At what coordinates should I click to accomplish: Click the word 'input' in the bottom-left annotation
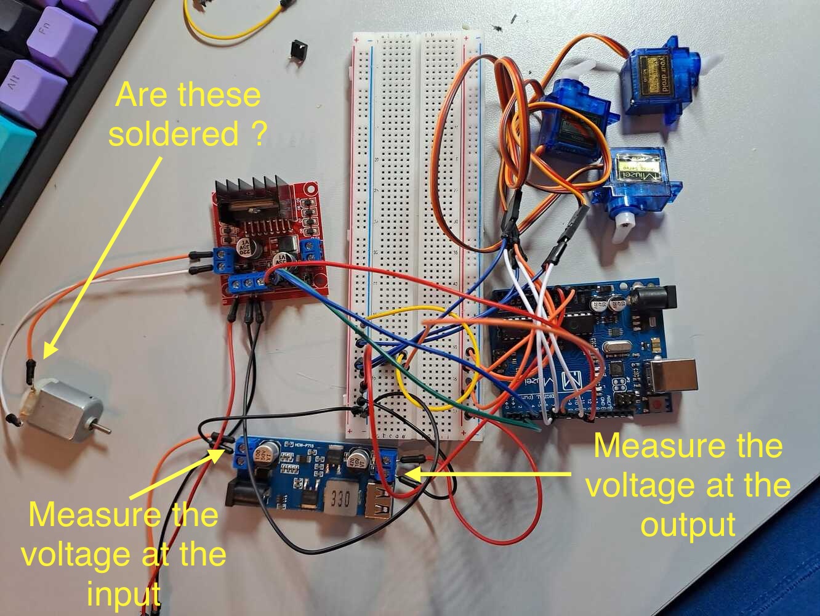[124, 594]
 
